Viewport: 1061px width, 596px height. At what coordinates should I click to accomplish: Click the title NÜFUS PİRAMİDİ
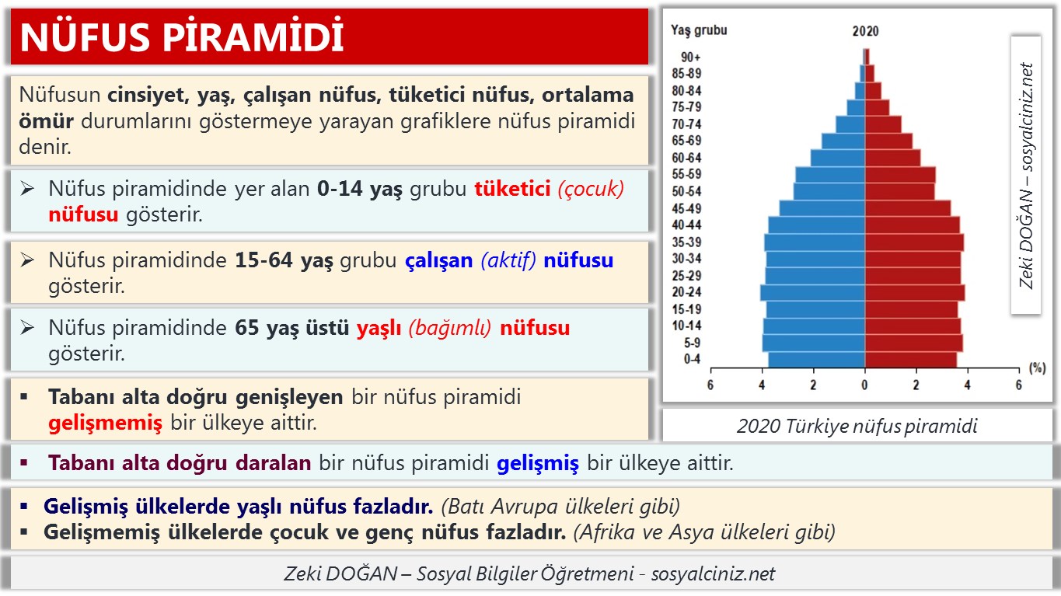(x=182, y=37)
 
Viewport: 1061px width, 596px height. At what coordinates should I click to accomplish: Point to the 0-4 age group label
(x=691, y=359)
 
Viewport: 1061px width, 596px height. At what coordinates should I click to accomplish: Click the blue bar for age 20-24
(x=813, y=292)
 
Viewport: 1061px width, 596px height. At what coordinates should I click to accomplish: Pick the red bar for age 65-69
(x=888, y=141)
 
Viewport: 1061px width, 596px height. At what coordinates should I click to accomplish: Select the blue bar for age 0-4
(x=816, y=359)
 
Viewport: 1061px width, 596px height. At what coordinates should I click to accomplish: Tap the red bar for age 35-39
(x=914, y=242)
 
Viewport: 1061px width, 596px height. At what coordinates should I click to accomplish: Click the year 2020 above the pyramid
(x=865, y=32)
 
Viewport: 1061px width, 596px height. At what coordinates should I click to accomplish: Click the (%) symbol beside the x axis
(x=1036, y=366)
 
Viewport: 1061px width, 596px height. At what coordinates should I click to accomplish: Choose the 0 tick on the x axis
(x=865, y=385)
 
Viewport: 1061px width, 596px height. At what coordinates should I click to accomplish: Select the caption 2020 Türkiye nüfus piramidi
(x=857, y=426)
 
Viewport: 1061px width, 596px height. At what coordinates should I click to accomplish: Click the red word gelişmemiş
(x=105, y=423)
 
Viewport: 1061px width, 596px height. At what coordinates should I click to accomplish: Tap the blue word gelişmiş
(x=538, y=464)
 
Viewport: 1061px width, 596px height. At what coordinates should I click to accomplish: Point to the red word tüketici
(x=512, y=190)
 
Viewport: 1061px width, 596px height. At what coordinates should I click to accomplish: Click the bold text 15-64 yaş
(x=284, y=260)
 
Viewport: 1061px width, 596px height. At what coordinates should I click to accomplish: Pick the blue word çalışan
(x=439, y=260)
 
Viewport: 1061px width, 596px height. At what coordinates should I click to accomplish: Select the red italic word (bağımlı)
(x=451, y=328)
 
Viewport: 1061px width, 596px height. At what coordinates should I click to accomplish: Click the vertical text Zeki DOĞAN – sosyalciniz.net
(x=1026, y=176)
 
